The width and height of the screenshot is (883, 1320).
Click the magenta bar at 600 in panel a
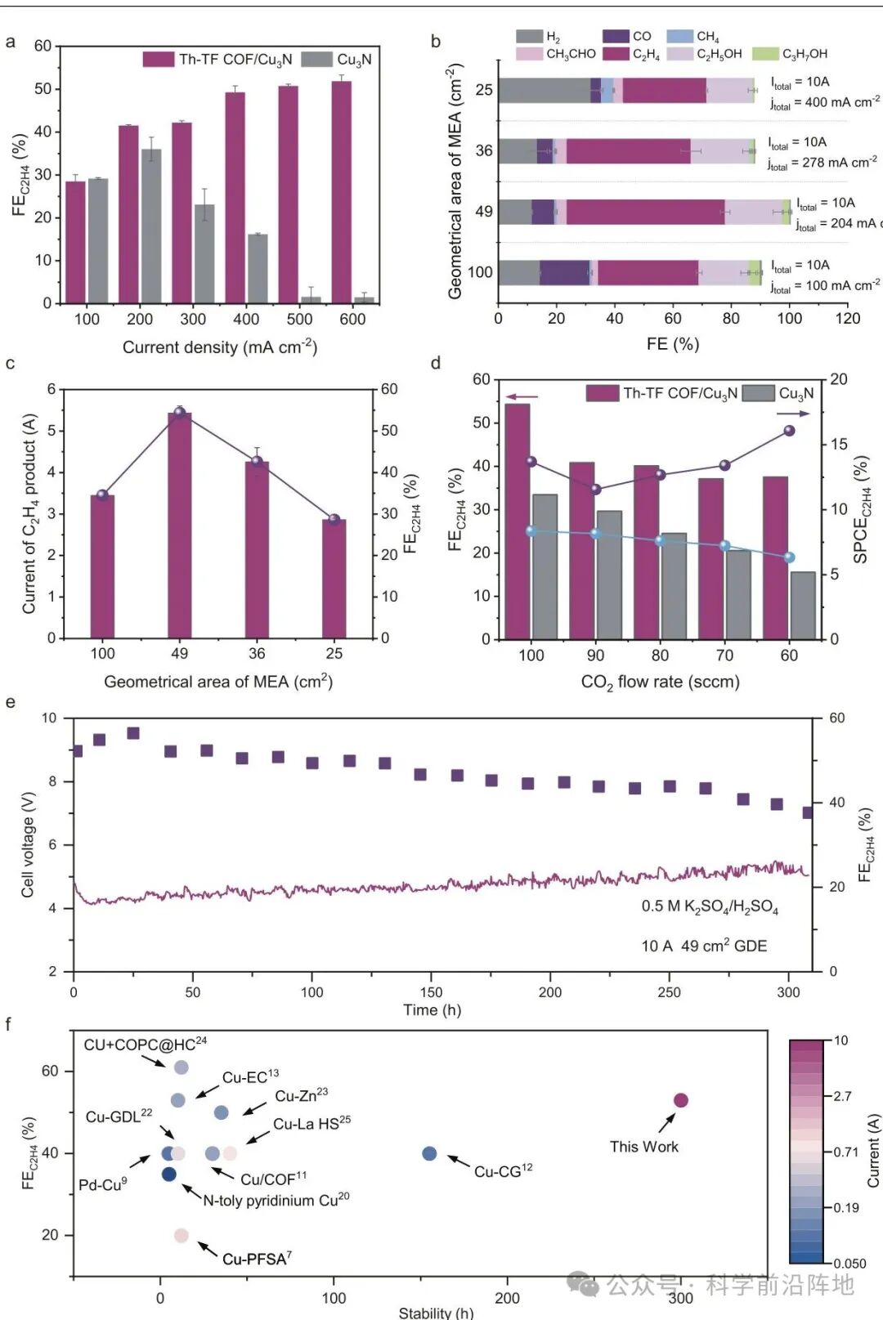pyautogui.click(x=341, y=192)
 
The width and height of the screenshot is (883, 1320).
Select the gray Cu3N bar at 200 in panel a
pyautogui.click(x=151, y=226)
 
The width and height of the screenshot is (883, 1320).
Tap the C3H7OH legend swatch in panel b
pyautogui.click(x=765, y=54)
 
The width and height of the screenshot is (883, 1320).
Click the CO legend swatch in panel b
pyautogui.click(x=616, y=36)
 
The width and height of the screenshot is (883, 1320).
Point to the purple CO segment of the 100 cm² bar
pyautogui.click(x=564, y=273)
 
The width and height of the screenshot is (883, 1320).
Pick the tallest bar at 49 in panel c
pyautogui.click(x=179, y=525)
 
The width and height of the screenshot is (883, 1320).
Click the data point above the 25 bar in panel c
pyautogui.click(x=334, y=519)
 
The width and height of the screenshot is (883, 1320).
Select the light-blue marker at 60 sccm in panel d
pyautogui.click(x=789, y=557)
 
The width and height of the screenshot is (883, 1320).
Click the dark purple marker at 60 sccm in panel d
pyautogui.click(x=789, y=431)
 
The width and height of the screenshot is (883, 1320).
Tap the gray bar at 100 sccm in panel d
pyautogui.click(x=545, y=566)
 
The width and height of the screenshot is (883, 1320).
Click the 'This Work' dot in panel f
pyautogui.click(x=680, y=1100)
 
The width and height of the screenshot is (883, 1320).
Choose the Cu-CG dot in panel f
pyautogui.click(x=429, y=1153)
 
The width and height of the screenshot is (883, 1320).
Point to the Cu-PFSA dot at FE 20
pyautogui.click(x=182, y=1235)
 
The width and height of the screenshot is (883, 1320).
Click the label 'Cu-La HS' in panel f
pyautogui.click(x=311, y=1124)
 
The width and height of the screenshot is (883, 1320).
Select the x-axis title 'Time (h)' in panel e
pyautogui.click(x=432, y=1010)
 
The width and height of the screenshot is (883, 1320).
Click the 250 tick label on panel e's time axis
pyautogui.click(x=669, y=992)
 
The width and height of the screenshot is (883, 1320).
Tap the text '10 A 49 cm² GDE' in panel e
pyautogui.click(x=704, y=946)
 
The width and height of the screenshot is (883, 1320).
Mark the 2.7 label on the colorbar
pyautogui.click(x=842, y=1096)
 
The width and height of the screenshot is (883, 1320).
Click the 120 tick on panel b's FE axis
pyautogui.click(x=847, y=319)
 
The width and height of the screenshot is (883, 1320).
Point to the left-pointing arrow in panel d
pyautogui.click(x=521, y=397)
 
